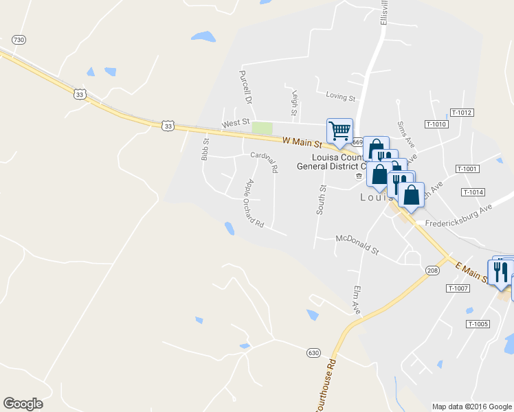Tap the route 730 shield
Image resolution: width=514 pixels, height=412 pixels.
(x=19, y=41)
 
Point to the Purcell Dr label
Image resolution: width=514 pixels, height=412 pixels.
(x=243, y=87)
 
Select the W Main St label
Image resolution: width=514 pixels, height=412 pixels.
(x=302, y=142)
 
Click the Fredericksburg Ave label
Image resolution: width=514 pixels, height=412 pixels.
(x=459, y=216)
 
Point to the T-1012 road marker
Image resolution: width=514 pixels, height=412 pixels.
(x=463, y=112)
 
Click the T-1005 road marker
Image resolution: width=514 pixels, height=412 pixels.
(x=477, y=323)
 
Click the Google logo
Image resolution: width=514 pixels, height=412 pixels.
(x=23, y=404)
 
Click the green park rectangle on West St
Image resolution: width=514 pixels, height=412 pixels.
(x=262, y=128)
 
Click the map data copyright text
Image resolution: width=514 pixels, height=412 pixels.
(x=471, y=407)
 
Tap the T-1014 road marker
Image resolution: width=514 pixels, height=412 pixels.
(x=473, y=192)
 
